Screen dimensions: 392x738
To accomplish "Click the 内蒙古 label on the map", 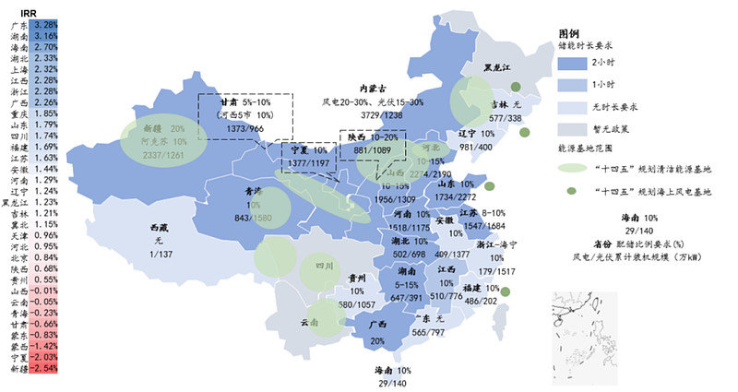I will click(x=375, y=89).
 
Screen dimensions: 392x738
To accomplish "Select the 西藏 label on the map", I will click(x=159, y=227).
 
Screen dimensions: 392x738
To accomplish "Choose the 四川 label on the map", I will click(x=323, y=265).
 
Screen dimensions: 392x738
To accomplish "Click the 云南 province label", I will click(x=310, y=323).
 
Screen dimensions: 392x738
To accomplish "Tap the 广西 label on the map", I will click(x=376, y=326).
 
